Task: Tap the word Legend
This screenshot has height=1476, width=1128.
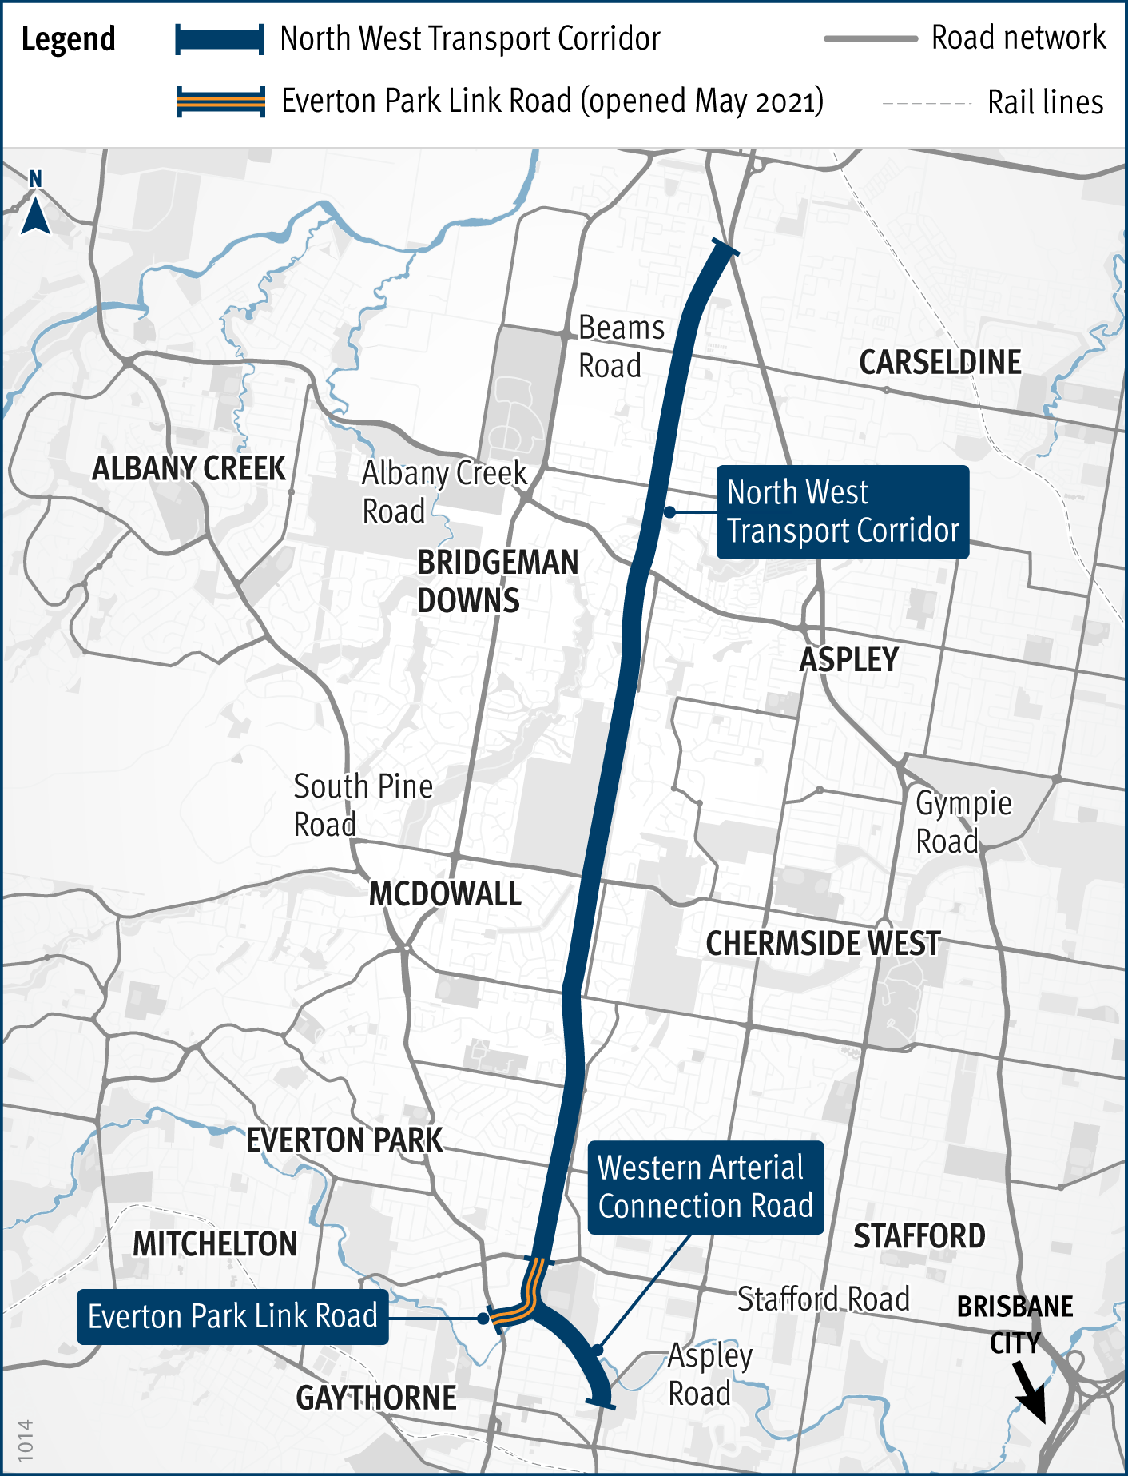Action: (68, 39)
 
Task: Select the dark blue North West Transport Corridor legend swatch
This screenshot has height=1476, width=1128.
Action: (220, 39)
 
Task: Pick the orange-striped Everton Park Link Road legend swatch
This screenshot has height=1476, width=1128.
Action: (220, 101)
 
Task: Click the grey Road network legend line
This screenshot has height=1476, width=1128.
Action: (870, 38)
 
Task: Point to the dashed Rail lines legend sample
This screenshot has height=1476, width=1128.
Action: (926, 104)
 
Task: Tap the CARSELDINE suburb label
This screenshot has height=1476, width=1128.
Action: (939, 363)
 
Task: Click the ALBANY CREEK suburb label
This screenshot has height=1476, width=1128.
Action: (189, 468)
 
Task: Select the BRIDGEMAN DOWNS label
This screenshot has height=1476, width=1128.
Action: (497, 581)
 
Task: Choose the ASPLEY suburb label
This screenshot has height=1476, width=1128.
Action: (849, 660)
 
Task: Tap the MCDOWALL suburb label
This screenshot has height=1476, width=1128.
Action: (445, 894)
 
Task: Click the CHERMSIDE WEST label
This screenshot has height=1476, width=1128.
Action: (823, 944)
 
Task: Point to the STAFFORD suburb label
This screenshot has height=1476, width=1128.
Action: (919, 1236)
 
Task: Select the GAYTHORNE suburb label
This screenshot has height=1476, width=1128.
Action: (376, 1398)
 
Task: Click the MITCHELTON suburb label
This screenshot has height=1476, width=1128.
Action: (215, 1244)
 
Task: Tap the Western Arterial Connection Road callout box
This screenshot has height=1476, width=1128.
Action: (705, 1187)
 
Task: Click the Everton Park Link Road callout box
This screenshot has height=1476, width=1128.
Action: (232, 1316)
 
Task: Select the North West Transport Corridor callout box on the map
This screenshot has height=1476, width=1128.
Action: (842, 511)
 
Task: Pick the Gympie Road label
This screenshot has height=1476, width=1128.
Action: (963, 822)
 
